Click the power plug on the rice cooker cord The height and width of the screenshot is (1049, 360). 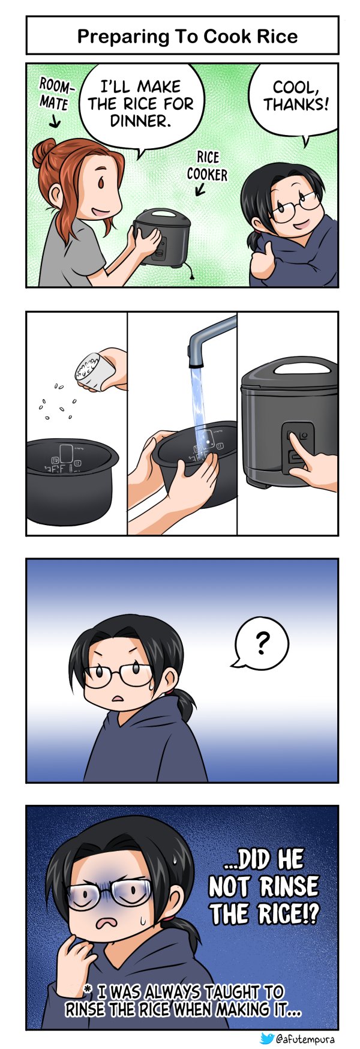191,275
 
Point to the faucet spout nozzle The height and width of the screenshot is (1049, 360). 195,359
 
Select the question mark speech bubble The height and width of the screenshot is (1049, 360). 260,644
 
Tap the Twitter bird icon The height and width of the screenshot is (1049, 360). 268,1039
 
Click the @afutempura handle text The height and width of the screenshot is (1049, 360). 305,1039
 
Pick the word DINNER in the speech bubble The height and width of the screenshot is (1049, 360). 141,121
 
